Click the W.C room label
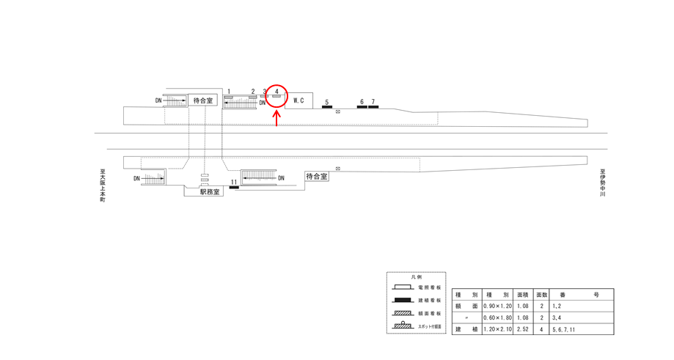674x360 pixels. [298, 100]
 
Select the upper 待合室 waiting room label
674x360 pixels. [203, 100]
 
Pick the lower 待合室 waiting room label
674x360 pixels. [317, 177]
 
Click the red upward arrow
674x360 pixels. [276, 117]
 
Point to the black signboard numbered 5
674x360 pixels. [327, 108]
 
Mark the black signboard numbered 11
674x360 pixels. [234, 188]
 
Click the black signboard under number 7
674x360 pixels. [373, 108]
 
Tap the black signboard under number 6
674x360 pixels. [362, 108]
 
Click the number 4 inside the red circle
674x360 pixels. [276, 92]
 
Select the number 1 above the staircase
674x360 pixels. [229, 92]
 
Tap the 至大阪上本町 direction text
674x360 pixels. [103, 185]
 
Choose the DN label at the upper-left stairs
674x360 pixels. [158, 100]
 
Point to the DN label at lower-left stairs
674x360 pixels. [136, 178]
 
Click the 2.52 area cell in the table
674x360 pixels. [523, 329]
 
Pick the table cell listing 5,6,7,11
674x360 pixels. [565, 329]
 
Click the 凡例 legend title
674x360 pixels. [416, 278]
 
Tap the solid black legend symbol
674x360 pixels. [403, 300]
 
